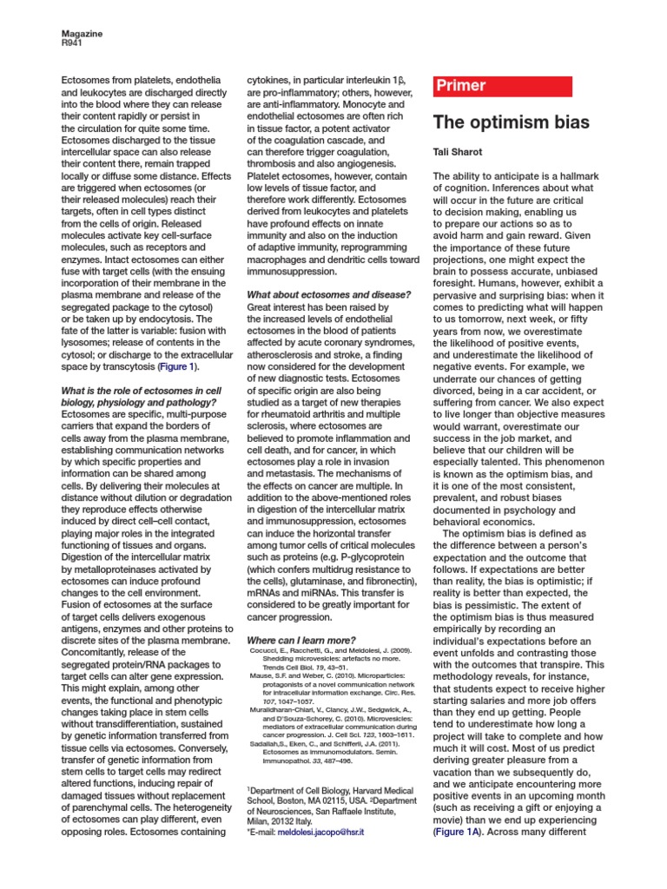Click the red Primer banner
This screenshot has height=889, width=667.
502,86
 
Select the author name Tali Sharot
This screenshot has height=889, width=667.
457,151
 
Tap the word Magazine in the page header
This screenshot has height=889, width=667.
81,33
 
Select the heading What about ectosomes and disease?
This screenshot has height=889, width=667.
328,294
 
